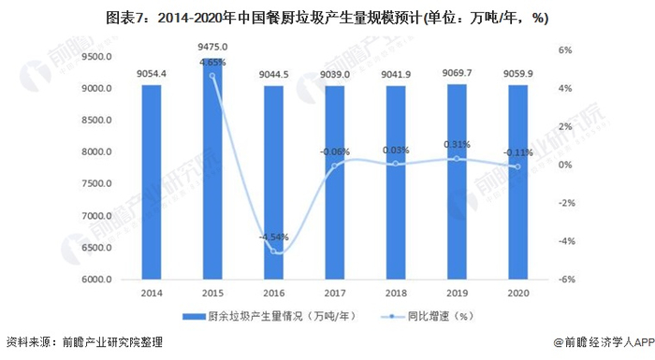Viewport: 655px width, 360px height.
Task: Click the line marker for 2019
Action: point(457,159)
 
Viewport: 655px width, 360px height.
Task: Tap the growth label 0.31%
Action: point(457,145)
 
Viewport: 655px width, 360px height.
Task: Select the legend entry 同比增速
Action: point(442,316)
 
